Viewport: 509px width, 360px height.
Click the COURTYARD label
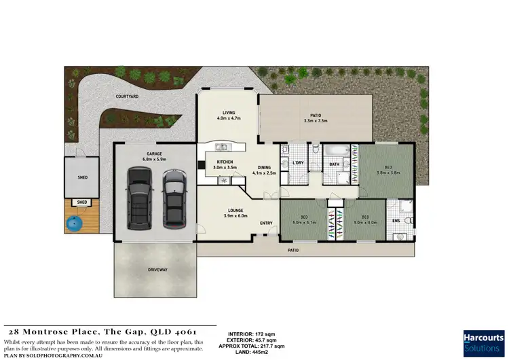(x=127, y=97)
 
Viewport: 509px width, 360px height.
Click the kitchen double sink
(x=221, y=147)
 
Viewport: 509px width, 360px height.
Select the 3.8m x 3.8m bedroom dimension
(x=388, y=173)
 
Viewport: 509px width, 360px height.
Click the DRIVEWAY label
(x=157, y=270)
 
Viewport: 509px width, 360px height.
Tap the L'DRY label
(x=297, y=164)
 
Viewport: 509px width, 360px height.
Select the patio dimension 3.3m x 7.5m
(x=316, y=122)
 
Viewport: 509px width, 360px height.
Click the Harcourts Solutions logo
(x=483, y=343)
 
